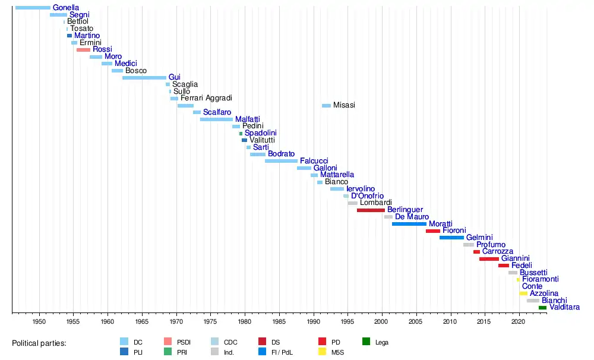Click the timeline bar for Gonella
pos(33,8)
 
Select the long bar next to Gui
pos(144,78)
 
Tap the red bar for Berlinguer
pos(371,210)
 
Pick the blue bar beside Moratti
pos(409,224)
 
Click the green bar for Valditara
pos(542,308)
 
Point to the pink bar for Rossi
pos(83,50)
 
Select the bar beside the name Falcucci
pos(281,161)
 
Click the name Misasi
pos(344,105)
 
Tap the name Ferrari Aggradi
pos(206,98)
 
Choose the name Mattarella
pos(337,175)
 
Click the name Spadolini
pos(261,133)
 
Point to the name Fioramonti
pos(540,279)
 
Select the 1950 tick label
pos(39,321)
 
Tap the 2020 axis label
pos(519,321)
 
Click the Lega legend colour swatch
pos(366,342)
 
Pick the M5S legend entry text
pos(338,352)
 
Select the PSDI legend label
pos(184,342)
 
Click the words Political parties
pos(39,343)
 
